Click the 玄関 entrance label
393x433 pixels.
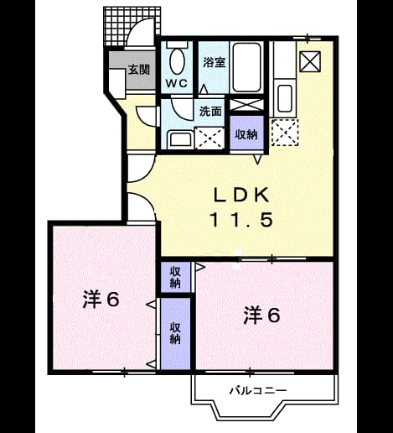tap(139, 70)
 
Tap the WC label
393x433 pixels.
tap(177, 83)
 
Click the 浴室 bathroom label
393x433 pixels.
tap(214, 62)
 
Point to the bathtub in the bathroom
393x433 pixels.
tap(246, 67)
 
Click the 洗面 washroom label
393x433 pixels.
tap(210, 111)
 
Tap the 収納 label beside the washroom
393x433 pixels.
tap(246, 135)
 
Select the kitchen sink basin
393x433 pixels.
tap(285, 98)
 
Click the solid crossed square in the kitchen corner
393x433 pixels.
tap(310, 62)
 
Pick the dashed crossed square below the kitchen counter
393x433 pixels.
tap(285, 133)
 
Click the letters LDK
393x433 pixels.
tap(241, 195)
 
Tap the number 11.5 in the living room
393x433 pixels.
tap(241, 220)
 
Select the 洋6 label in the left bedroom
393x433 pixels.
tap(101, 300)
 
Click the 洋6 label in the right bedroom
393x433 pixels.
tap(261, 316)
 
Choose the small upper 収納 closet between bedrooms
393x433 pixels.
tap(175, 277)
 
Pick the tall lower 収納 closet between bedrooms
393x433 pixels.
tap(175, 333)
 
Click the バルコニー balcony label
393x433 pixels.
tap(258, 390)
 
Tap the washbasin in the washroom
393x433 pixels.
tap(180, 139)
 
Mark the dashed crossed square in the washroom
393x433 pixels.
tap(209, 138)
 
